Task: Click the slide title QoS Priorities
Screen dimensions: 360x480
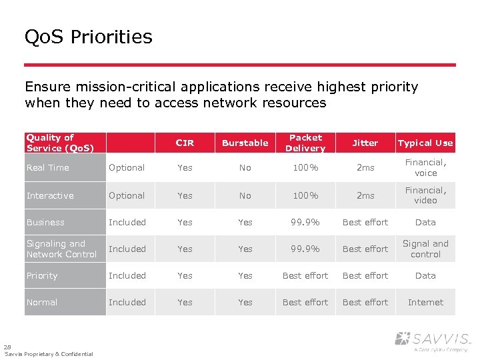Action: pos(88,37)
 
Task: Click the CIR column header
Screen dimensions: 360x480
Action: pos(185,143)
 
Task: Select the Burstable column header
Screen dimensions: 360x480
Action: pos(245,143)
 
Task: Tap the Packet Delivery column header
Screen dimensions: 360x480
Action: pos(305,143)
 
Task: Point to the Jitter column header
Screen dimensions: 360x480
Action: pos(365,143)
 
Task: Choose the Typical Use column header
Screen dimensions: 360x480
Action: pos(425,143)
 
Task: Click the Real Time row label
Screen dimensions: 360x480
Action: pos(48,168)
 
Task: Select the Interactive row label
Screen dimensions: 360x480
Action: pos(50,196)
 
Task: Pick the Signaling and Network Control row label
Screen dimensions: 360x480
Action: pos(61,249)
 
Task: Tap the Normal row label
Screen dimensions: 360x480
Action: pos(42,303)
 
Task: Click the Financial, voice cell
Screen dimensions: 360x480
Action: pos(425,168)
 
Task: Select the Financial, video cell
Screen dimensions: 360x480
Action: pos(425,195)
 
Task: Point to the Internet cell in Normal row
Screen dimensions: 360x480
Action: pos(425,303)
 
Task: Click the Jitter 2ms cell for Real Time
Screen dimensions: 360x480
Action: pos(365,168)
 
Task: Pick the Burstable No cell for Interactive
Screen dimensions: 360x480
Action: pos(245,196)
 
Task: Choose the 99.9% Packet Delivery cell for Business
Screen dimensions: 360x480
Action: pos(305,223)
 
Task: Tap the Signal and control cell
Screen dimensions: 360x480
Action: pos(425,249)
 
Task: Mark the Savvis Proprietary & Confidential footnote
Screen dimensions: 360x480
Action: pos(49,354)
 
